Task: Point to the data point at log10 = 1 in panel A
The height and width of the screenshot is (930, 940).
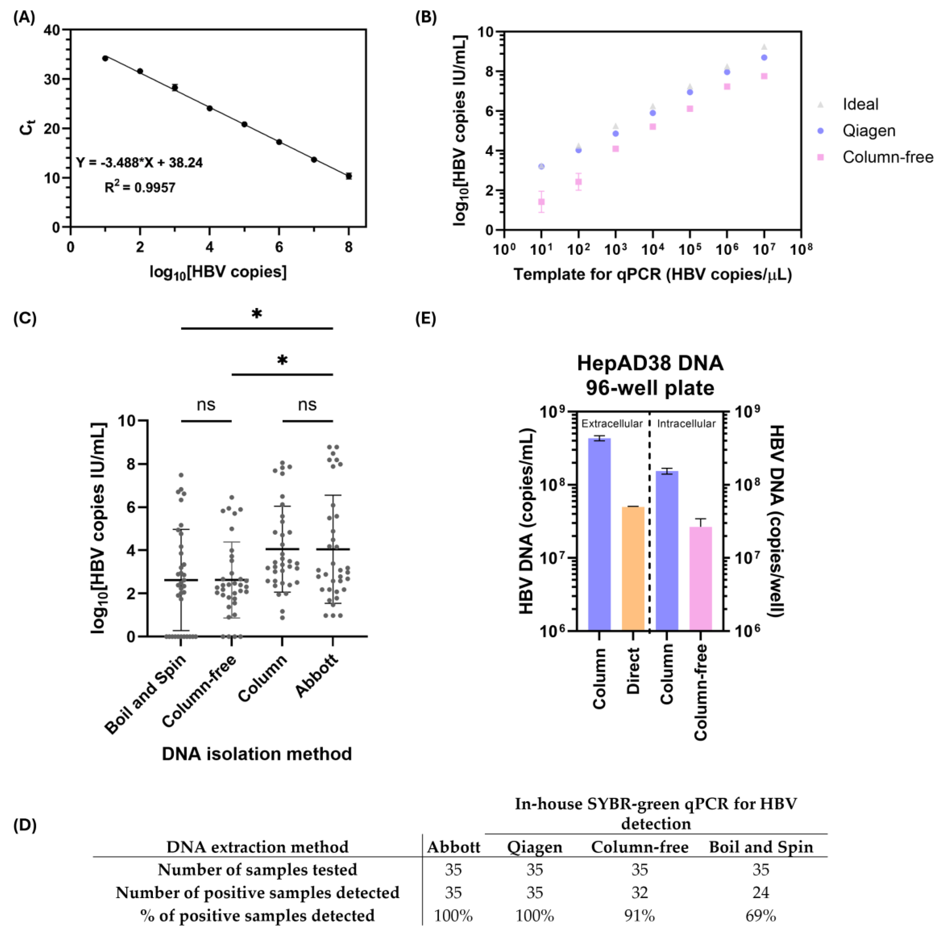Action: [x=105, y=58]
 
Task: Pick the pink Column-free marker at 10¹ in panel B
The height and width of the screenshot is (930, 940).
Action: [x=541, y=202]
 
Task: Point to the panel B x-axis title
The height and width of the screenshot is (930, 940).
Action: [x=652, y=275]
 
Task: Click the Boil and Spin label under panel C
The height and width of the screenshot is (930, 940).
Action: [x=146, y=694]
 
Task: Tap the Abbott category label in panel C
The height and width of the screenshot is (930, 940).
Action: [x=317, y=677]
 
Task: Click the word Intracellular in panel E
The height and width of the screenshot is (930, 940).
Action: [x=686, y=423]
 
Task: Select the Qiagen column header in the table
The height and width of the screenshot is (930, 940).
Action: [x=534, y=847]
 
